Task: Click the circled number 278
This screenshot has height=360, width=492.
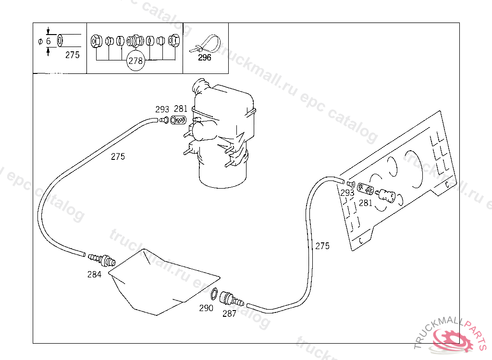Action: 136,61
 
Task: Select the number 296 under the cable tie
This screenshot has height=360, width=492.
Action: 205,58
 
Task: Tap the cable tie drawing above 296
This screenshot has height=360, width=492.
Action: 206,44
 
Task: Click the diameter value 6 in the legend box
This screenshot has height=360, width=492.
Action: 48,41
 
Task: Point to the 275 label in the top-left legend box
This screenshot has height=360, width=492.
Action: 72,55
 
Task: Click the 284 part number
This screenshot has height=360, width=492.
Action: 94,275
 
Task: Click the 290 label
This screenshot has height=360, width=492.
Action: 206,308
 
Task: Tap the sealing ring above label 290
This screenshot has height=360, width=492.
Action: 214,294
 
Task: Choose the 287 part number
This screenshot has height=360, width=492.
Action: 229,314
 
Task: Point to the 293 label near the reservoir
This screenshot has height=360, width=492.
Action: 162,109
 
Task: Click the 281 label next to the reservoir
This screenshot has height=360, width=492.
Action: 181,109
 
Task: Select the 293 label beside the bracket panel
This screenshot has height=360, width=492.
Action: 347,193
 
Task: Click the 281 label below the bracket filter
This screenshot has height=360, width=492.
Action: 366,203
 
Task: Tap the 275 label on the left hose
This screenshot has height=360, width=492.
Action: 118,156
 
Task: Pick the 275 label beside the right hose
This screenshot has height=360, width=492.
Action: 322,246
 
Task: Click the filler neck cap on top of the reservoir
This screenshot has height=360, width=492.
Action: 198,87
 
